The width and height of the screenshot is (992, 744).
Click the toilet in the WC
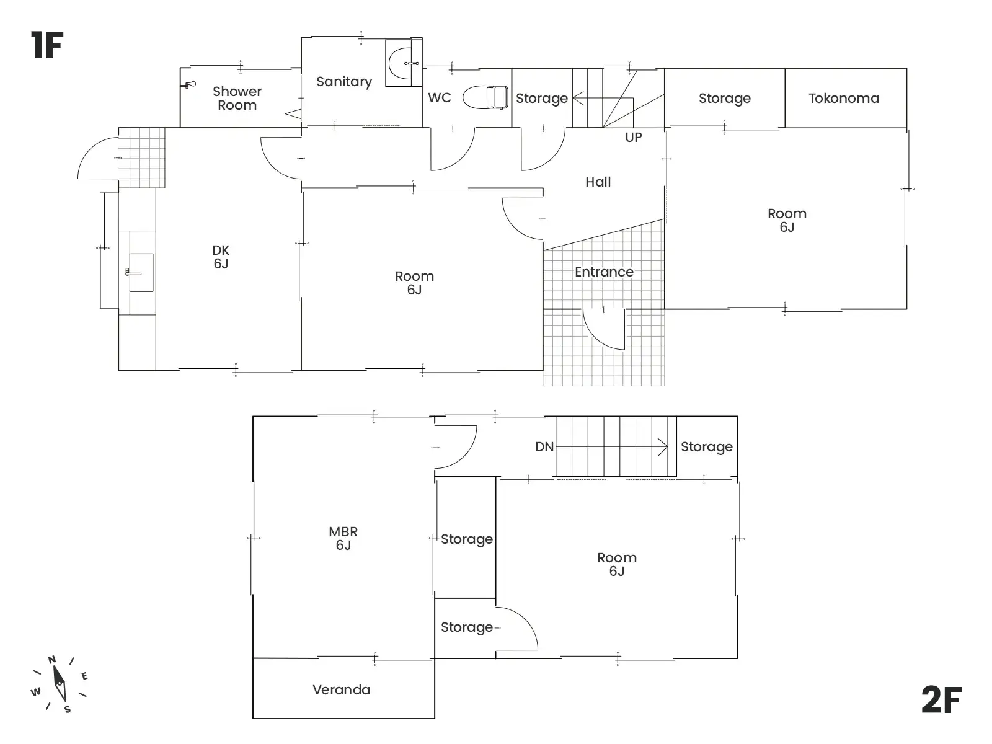click(x=485, y=97)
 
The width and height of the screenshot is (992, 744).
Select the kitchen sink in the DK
click(x=141, y=272)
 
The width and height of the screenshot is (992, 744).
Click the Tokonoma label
click(x=844, y=98)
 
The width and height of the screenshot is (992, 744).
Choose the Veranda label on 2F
click(x=341, y=690)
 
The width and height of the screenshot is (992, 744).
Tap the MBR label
click(x=343, y=532)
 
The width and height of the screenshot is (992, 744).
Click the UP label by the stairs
click(x=634, y=137)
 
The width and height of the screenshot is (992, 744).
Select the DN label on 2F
click(x=544, y=447)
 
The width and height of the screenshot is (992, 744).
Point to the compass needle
click(x=60, y=683)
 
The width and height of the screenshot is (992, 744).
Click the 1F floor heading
click(x=47, y=45)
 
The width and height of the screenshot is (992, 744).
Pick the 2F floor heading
click(x=941, y=700)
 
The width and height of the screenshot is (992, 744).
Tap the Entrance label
click(x=604, y=272)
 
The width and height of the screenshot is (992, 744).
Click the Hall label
click(x=598, y=182)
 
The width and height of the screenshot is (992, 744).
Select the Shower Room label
click(x=237, y=99)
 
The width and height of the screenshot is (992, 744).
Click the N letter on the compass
click(x=52, y=660)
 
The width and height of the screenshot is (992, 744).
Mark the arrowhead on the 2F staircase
click(x=663, y=447)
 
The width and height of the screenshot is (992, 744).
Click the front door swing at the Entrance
click(x=603, y=329)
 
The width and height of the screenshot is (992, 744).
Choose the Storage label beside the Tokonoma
click(x=724, y=99)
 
